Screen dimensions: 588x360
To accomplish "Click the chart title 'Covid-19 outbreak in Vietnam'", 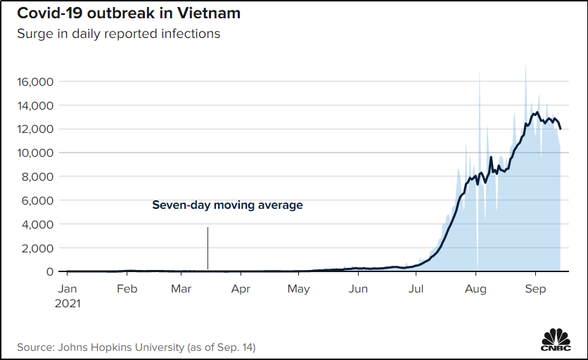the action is click(129, 13).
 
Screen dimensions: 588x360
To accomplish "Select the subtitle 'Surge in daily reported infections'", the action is click(118, 34).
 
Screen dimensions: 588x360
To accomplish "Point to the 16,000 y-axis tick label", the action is click(35, 82).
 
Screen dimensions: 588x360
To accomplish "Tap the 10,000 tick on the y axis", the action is click(35, 153).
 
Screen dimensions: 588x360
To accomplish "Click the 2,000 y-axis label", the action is click(37, 248).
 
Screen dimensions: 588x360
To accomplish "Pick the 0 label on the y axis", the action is click(50, 271).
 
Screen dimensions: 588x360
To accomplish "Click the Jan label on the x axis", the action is click(68, 289).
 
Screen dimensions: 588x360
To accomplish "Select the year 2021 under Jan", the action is click(68, 303).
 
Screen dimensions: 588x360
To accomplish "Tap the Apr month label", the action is click(241, 289).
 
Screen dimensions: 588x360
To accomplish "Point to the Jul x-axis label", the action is click(416, 289).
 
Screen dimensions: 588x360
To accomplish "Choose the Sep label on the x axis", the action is click(535, 289).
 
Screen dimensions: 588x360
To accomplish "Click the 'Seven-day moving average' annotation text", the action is click(227, 205).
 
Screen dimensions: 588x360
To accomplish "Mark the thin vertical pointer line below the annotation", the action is click(207, 248).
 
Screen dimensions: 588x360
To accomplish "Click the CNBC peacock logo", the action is click(556, 340).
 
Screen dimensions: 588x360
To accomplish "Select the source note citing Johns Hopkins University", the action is click(136, 347).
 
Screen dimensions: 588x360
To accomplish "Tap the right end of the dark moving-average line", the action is click(561, 129).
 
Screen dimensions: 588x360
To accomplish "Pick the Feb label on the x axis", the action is click(127, 289).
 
